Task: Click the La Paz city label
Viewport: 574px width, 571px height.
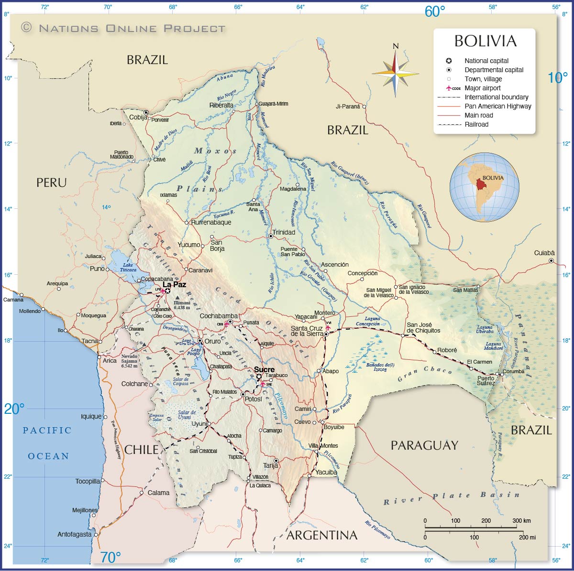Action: point(174,284)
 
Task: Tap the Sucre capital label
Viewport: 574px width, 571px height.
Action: point(264,369)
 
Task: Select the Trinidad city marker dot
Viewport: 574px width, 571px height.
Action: point(271,236)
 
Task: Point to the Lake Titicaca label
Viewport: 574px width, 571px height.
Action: point(128,267)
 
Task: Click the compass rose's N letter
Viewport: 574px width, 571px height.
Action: point(396,46)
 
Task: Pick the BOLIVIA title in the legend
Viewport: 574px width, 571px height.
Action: point(485,41)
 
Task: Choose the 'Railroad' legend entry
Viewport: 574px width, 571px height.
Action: point(476,124)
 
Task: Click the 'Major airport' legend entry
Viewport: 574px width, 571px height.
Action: point(483,88)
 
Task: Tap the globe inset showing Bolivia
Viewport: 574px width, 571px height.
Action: point(484,187)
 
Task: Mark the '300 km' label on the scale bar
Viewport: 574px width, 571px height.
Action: point(522,520)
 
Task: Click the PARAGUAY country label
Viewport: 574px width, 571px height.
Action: point(424,445)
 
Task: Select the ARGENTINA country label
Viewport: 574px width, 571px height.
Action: point(322,535)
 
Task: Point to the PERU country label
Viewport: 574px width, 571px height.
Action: point(52,183)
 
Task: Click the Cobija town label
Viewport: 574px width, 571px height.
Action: point(138,118)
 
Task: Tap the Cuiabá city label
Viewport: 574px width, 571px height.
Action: point(544,253)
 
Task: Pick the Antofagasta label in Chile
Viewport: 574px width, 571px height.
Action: point(74,534)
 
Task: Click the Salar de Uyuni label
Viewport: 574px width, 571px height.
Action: point(186,415)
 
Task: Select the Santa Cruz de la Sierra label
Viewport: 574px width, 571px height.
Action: point(307,331)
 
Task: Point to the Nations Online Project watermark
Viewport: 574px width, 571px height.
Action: point(123,28)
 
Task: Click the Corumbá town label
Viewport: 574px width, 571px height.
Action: point(513,371)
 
